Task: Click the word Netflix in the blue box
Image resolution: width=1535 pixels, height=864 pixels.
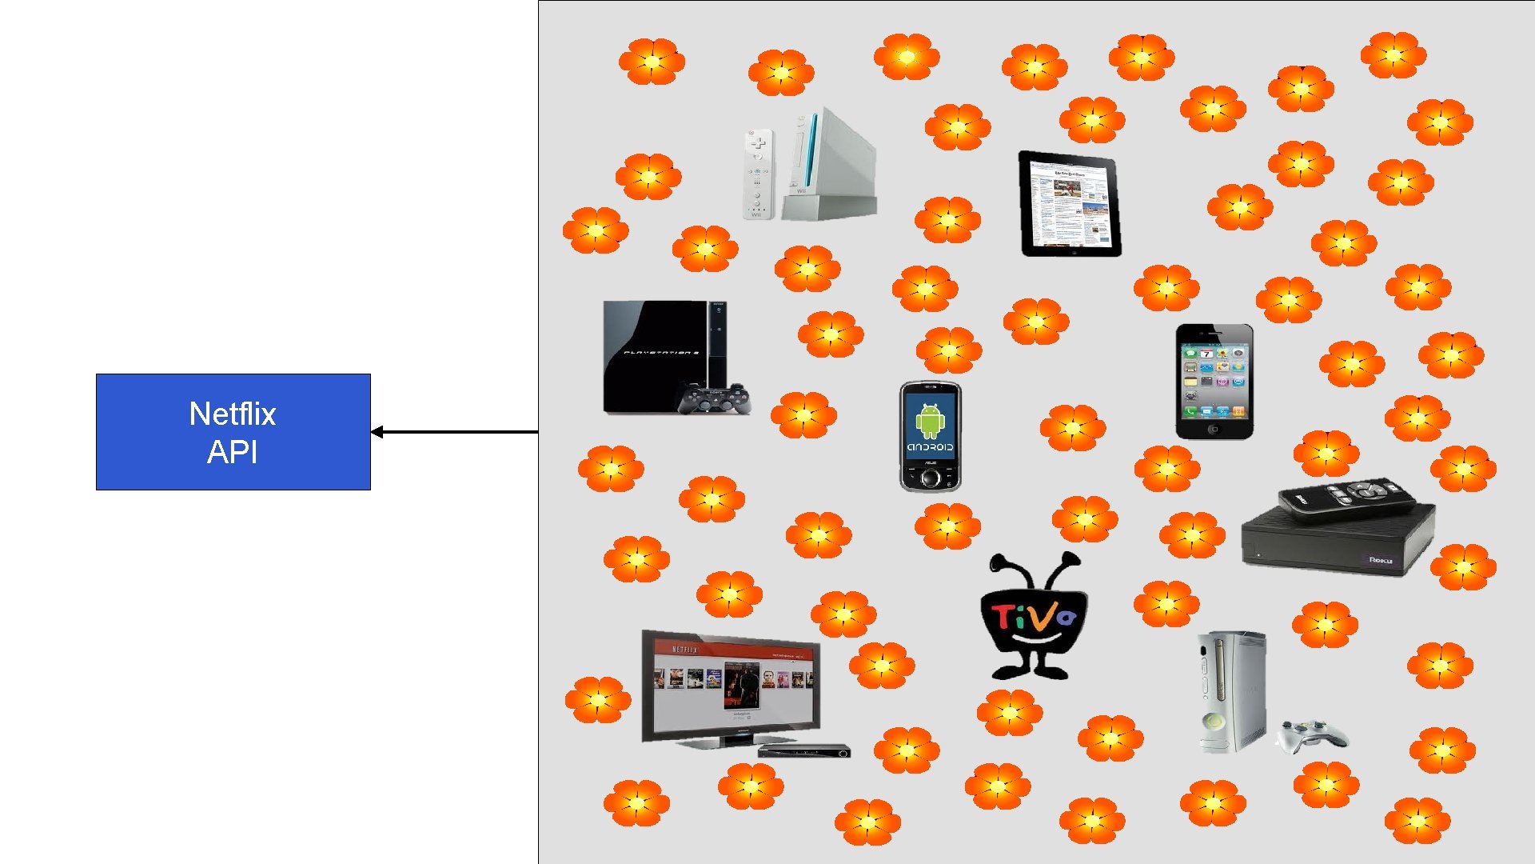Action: coord(233,414)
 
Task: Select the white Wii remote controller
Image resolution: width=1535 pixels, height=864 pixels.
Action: coord(758,174)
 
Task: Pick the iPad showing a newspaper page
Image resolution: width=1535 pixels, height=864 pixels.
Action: coord(1070,203)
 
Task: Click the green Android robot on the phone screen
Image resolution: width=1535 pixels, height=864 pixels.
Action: coord(930,419)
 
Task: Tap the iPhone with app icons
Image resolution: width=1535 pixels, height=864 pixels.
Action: coord(1214,381)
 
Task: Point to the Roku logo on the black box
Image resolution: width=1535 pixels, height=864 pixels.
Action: coord(1381,560)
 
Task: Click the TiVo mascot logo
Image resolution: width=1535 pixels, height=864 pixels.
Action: coord(1034,616)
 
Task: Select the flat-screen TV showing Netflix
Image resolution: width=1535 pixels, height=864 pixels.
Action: coord(730,685)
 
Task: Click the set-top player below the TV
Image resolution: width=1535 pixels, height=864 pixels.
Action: coord(803,750)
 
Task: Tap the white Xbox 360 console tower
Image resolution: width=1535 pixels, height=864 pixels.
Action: coord(1231,692)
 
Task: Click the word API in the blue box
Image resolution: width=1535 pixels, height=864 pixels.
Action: coord(233,453)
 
